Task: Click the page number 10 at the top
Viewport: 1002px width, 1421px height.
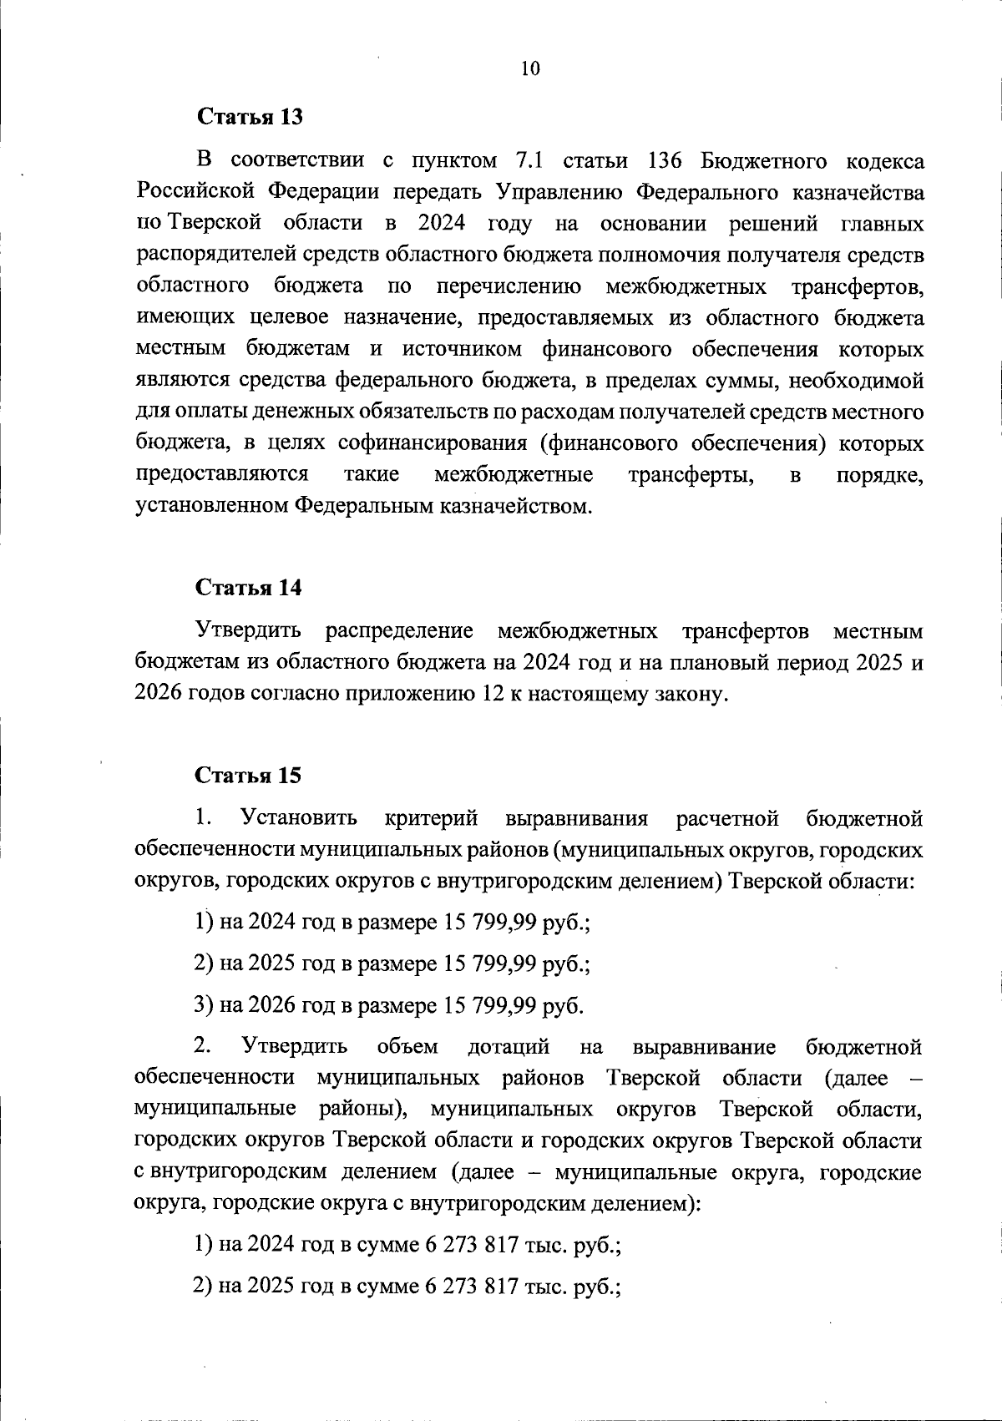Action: coord(530,69)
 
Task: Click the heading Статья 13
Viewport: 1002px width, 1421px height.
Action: coord(249,117)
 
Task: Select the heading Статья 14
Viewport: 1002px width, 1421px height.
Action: coord(249,588)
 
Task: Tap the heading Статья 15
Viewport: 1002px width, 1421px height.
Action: coord(249,776)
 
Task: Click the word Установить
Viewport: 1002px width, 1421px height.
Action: coord(299,818)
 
